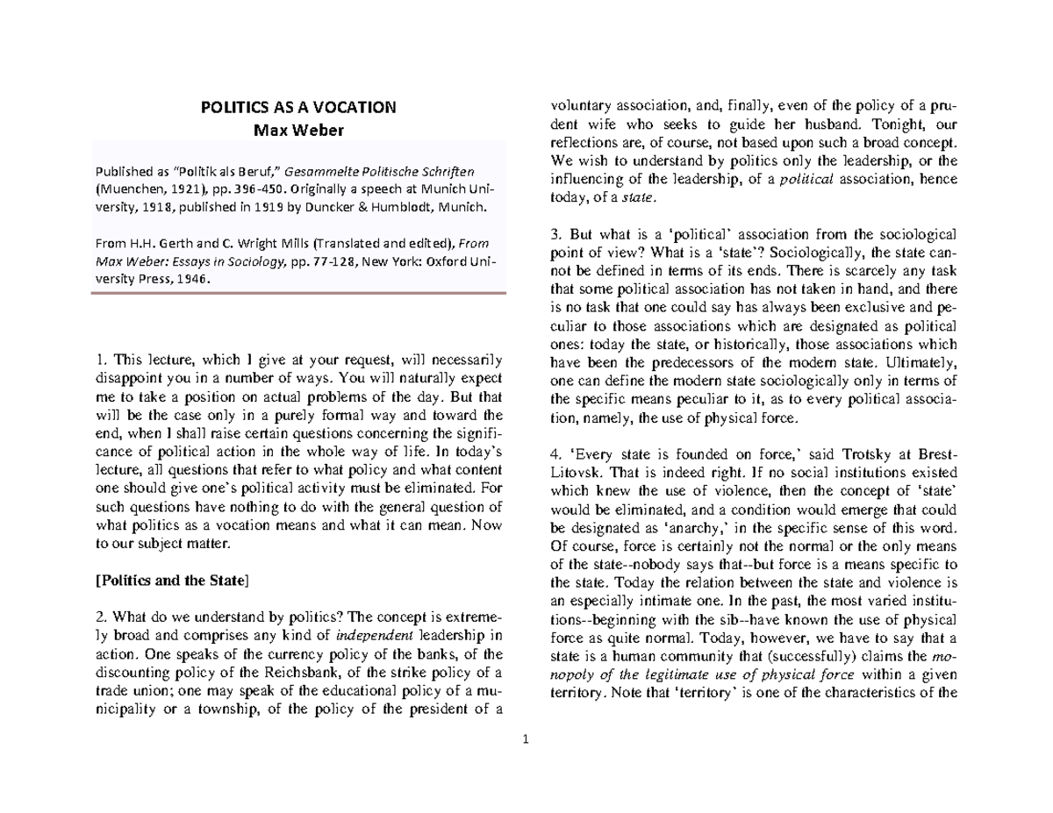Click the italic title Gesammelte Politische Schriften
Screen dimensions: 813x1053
(404, 168)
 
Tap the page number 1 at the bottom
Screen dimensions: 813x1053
(524, 742)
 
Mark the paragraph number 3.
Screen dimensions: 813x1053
(550, 234)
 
